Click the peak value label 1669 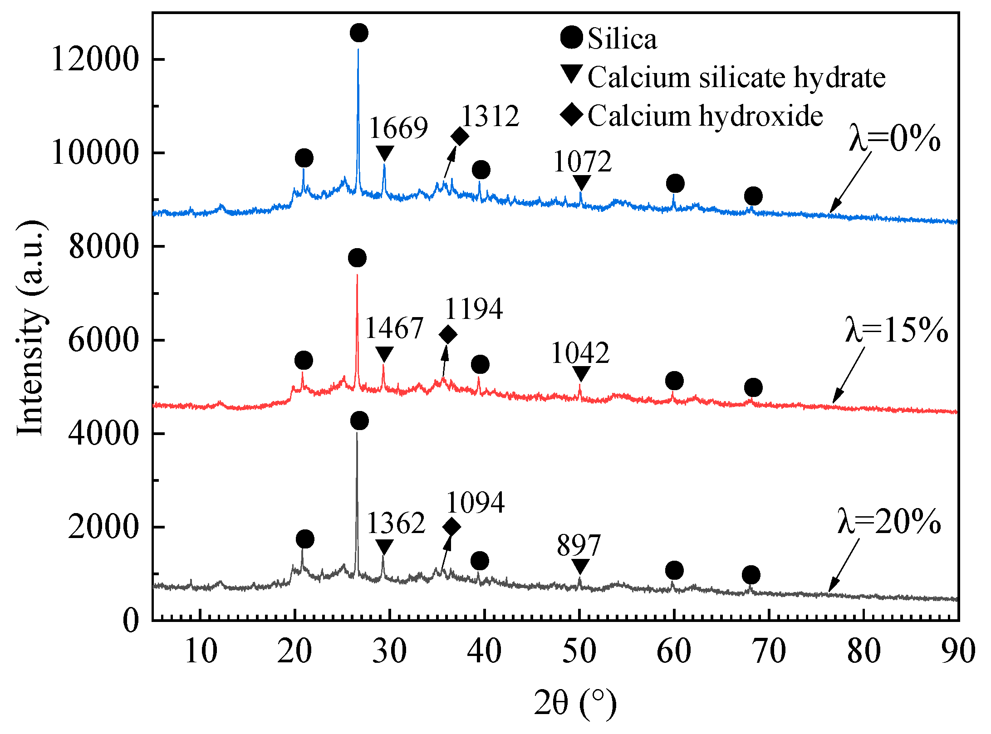point(398,128)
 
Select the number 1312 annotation point(490,116)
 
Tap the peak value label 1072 point(583,161)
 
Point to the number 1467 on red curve point(394,328)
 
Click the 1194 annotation point(474,309)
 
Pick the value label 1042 point(580,353)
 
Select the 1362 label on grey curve point(396,523)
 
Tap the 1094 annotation point(475,503)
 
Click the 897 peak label point(579,545)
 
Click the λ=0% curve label point(894,139)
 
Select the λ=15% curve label point(897,330)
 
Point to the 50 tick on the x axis point(579,651)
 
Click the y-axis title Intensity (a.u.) point(30,329)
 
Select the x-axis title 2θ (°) point(575,703)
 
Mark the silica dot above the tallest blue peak point(359,33)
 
